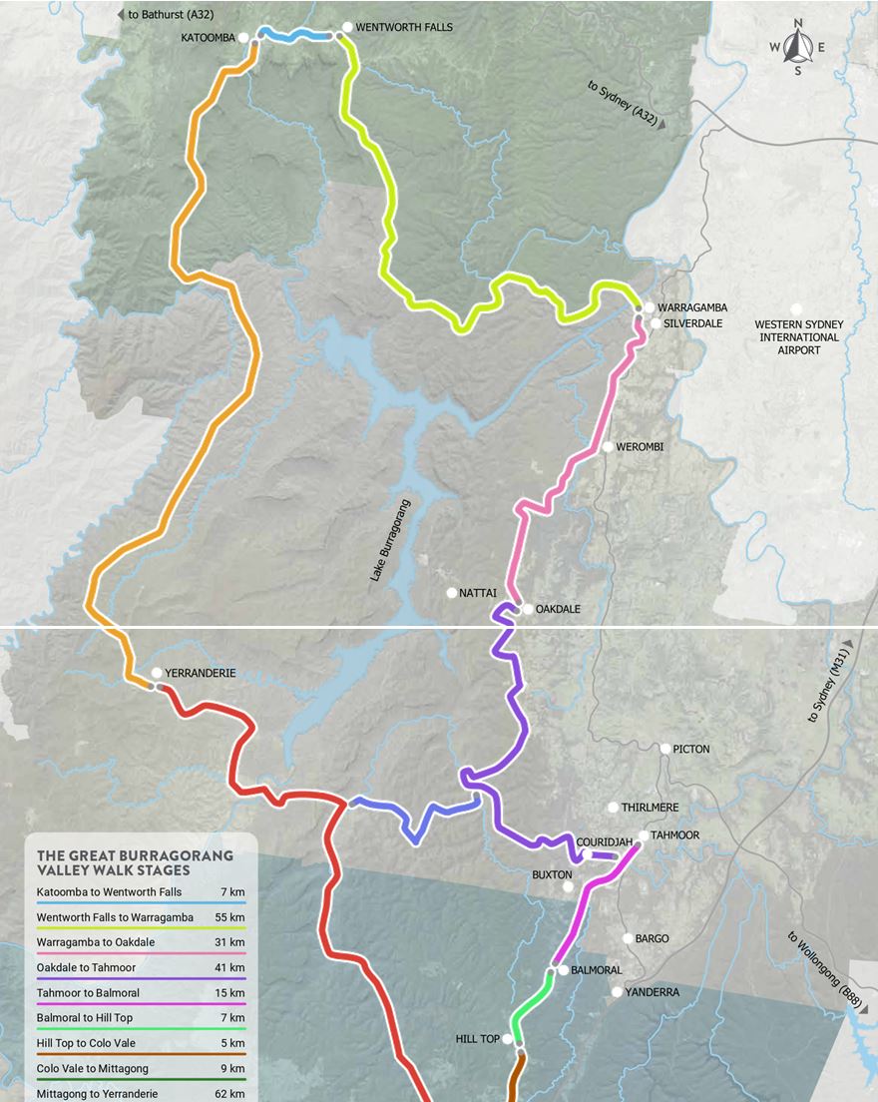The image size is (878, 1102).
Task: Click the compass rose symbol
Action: coord(797,46)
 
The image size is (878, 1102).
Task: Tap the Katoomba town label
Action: coord(208,38)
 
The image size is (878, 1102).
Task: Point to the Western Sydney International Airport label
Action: coord(798,337)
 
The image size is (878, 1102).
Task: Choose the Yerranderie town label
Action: coord(201,673)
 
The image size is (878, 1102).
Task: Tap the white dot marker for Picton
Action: coord(665,749)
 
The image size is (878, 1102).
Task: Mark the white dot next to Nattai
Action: coord(451,593)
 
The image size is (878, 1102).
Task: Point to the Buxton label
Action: coord(551,874)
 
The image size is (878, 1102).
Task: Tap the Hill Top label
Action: coord(477,1039)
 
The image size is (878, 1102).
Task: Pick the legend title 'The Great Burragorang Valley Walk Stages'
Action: coord(135,862)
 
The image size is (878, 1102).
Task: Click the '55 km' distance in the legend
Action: coord(229,916)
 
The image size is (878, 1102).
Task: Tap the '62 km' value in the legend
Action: coord(229,1094)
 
